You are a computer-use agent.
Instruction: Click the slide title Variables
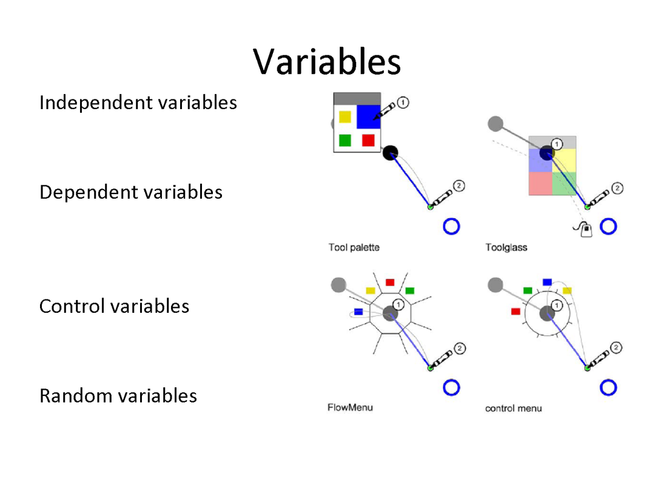tap(327, 61)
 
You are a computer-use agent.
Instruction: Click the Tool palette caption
tap(354, 247)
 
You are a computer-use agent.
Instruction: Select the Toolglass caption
tap(506, 247)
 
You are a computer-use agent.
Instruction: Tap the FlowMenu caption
tap(350, 407)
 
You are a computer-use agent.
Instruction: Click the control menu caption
tap(513, 409)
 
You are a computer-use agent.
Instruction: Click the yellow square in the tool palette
tap(345, 117)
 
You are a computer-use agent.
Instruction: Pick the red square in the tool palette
tap(368, 140)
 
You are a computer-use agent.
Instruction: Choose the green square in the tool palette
tap(345, 140)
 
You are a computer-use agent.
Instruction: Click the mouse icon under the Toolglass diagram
tap(584, 229)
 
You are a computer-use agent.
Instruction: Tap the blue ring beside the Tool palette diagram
tap(451, 226)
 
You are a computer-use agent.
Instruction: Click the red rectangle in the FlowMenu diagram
tap(390, 282)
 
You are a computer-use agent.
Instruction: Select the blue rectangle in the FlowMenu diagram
tap(358, 312)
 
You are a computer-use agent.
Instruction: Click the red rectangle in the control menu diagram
tap(516, 311)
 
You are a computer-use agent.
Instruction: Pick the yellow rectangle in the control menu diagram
tap(567, 291)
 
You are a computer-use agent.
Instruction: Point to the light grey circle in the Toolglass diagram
tap(495, 124)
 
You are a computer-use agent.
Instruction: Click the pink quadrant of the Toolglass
tap(540, 183)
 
